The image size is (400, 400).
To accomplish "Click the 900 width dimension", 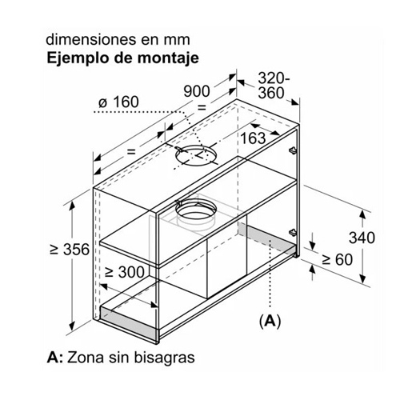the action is click(197, 91).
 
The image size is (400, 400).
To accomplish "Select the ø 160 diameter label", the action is click(118, 102).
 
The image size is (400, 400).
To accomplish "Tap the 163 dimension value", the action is click(253, 138).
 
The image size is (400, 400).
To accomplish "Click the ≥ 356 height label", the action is click(70, 250).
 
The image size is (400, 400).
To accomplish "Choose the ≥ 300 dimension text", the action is click(125, 272).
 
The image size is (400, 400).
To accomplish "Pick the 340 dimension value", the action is click(362, 238).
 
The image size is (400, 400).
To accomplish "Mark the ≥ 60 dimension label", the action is click(338, 259).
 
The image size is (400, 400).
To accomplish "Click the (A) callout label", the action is click(270, 321).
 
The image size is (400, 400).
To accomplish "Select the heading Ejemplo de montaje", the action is click(123, 58).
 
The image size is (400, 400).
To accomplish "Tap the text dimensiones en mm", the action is click(118, 40).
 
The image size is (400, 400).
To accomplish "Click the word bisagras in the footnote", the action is click(164, 358).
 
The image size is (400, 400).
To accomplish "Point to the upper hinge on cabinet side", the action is click(293, 150).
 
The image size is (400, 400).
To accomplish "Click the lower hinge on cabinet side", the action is click(293, 233).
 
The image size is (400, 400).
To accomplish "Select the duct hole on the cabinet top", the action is click(195, 155).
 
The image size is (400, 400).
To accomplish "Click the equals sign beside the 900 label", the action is click(202, 108).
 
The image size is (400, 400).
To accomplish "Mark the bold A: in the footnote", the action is click(54, 358).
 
